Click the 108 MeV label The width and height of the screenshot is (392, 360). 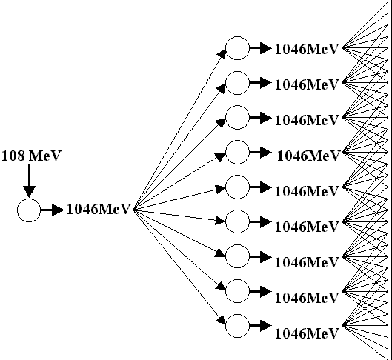tap(31, 156)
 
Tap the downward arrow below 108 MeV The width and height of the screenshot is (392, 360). tap(29, 180)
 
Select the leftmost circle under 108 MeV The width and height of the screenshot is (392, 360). tap(29, 199)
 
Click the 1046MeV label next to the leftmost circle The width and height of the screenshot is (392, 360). tap(99, 209)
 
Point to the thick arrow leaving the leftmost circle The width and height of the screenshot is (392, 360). tap(53, 210)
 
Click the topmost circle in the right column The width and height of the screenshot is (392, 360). tap(238, 36)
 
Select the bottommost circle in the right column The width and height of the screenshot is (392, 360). tap(238, 314)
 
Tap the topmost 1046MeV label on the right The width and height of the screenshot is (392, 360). tap(307, 49)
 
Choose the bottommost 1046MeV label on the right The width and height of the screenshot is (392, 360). tap(307, 333)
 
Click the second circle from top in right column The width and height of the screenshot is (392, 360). tap(238, 71)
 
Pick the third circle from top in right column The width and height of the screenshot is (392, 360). tap(238, 106)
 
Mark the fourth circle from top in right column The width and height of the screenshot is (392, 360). tap(238, 141)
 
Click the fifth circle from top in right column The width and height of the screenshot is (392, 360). tap(238, 176)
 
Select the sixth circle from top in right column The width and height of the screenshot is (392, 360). tap(238, 210)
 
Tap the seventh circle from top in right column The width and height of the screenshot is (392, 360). tap(238, 245)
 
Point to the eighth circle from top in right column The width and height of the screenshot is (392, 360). tap(238, 279)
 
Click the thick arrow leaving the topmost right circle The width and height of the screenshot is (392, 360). tap(261, 48)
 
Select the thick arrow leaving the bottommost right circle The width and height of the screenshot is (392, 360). tap(261, 326)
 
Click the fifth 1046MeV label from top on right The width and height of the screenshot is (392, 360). tap(307, 191)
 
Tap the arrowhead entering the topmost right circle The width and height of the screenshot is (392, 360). tap(222, 54)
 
